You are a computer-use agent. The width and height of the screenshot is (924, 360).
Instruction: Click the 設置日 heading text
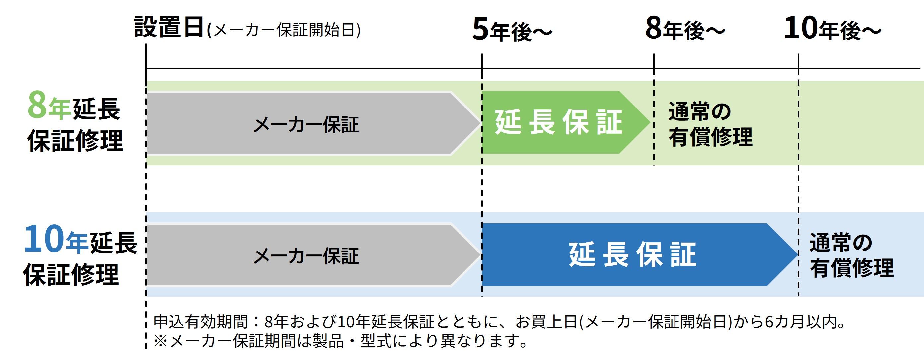tap(169, 28)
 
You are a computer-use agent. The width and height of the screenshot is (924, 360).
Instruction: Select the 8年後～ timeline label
tap(685, 29)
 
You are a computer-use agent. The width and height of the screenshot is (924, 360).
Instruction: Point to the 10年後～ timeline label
tap(832, 29)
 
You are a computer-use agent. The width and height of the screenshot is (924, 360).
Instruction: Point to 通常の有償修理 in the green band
tap(710, 124)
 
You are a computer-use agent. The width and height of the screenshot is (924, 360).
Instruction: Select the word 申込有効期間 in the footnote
tap(200, 322)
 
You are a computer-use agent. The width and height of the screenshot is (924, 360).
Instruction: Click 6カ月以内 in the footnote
tap(803, 322)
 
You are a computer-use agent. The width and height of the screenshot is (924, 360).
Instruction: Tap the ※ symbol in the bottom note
tap(160, 341)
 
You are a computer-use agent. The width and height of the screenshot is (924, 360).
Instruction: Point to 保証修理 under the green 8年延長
tap(75, 140)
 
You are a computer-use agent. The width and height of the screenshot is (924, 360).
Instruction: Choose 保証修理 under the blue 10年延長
tap(71, 274)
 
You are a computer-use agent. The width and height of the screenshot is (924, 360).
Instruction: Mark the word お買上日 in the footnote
tap(546, 322)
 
